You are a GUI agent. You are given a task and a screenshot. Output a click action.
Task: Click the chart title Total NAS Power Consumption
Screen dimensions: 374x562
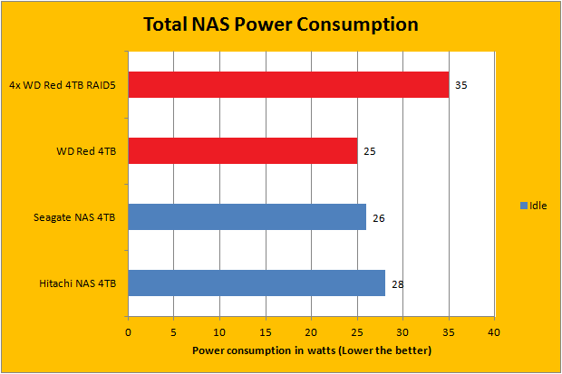[x=281, y=24]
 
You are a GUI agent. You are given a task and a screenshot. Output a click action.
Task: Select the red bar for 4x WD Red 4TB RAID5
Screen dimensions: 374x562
[x=288, y=84]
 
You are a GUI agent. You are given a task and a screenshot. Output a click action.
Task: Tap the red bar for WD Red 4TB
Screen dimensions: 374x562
[x=243, y=150]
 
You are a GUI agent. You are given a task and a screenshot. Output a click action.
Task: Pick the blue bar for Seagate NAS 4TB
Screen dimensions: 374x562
[x=247, y=216]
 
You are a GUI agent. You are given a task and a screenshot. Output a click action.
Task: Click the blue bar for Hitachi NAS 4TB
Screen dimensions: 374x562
[x=257, y=283]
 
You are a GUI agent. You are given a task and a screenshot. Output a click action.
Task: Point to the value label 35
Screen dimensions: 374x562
[x=461, y=85]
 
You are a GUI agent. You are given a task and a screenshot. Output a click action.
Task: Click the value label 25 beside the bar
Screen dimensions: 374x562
[x=370, y=151]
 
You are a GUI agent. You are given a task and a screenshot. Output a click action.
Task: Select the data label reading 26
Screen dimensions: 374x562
[x=379, y=217]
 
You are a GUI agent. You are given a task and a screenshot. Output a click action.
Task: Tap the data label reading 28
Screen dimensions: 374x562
[x=397, y=283]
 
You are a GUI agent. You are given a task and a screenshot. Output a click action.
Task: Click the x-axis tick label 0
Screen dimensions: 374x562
[x=129, y=331]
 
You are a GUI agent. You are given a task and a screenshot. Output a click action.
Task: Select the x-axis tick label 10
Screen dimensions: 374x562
[x=220, y=331]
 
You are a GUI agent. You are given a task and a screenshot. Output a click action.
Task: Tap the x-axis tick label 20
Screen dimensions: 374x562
[x=312, y=331]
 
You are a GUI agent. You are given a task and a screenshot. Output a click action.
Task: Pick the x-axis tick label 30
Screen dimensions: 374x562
[x=403, y=331]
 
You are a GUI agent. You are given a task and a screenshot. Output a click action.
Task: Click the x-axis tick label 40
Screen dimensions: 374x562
[x=494, y=331]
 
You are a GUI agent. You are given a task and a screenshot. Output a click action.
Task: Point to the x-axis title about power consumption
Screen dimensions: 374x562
[x=311, y=350]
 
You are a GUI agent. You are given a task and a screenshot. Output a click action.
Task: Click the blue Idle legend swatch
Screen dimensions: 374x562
[x=523, y=206]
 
